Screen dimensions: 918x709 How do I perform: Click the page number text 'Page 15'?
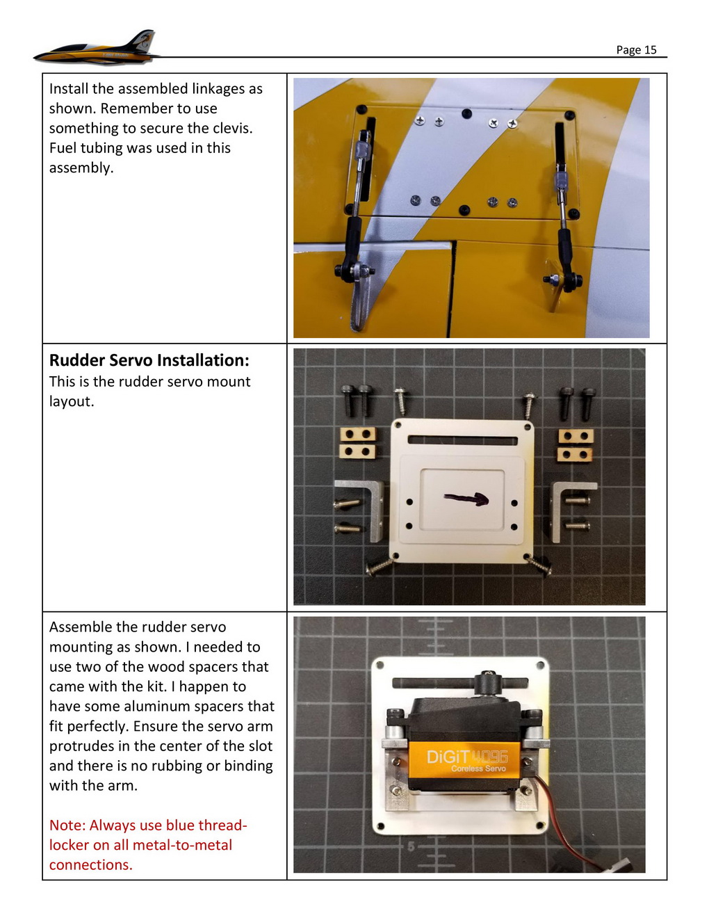point(636,49)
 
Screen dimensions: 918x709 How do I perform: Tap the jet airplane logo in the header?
point(97,49)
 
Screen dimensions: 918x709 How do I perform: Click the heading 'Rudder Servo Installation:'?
point(149,360)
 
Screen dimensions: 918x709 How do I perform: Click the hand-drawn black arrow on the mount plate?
point(466,498)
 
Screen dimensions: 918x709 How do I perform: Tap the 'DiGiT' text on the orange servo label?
point(448,757)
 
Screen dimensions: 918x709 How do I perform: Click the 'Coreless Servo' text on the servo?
point(478,768)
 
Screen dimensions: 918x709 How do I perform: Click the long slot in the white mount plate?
point(463,440)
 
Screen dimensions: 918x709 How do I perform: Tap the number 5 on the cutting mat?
point(411,846)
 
